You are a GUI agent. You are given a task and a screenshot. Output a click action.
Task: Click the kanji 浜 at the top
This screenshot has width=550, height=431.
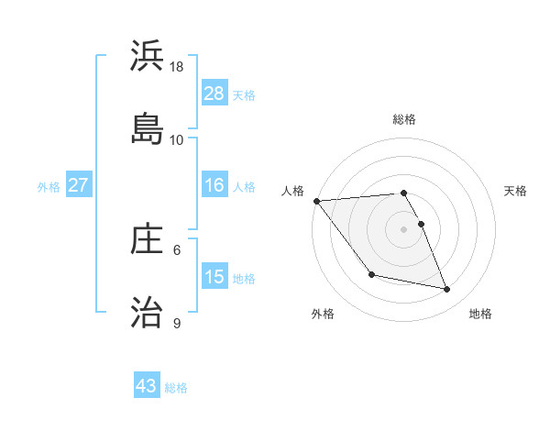click(x=147, y=57)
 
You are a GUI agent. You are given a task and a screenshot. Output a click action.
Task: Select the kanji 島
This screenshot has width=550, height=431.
click(x=147, y=127)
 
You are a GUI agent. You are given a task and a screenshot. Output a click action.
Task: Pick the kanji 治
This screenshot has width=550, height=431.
click(x=147, y=312)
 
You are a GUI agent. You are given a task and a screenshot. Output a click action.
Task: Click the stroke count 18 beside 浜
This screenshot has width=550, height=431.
click(x=177, y=67)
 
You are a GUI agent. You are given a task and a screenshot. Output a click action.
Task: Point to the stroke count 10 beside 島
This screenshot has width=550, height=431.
click(x=177, y=139)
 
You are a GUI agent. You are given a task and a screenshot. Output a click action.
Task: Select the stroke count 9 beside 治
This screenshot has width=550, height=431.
click(x=177, y=323)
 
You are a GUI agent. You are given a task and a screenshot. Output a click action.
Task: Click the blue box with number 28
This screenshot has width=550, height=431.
click(x=214, y=94)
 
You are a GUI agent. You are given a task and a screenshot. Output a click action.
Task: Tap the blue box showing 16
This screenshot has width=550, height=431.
click(x=214, y=185)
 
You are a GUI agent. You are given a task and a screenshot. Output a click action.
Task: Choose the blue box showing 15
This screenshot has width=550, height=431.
click(x=214, y=277)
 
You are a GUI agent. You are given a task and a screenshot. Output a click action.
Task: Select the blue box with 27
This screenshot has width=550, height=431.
click(x=79, y=185)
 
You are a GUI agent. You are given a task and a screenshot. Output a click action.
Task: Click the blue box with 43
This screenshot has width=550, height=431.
click(x=147, y=386)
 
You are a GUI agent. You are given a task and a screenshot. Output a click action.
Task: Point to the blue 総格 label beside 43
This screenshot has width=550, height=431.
click(x=176, y=388)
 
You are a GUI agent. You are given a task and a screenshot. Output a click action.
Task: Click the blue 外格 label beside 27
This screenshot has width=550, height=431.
click(x=49, y=186)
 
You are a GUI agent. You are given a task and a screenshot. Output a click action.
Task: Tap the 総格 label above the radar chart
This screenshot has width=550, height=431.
click(x=404, y=119)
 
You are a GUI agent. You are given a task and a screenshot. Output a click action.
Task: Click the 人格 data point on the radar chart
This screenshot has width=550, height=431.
click(x=316, y=201)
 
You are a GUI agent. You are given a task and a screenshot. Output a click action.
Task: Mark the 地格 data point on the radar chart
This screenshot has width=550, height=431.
click(x=447, y=289)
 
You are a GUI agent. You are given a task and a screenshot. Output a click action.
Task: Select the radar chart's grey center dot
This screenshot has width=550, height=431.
click(x=404, y=229)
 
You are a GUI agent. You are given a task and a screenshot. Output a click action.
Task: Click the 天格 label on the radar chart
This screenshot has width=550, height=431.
click(x=516, y=191)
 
